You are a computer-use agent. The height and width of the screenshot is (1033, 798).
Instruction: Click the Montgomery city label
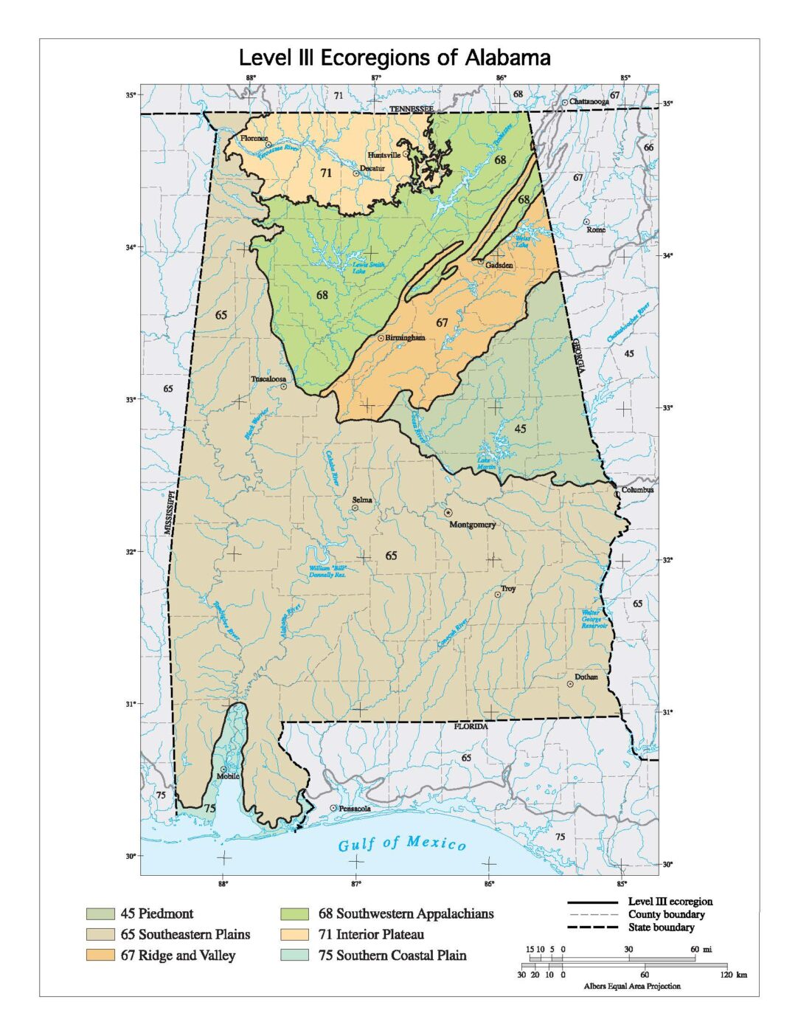pyautogui.click(x=472, y=525)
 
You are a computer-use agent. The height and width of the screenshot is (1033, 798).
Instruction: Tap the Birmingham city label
pyautogui.click(x=405, y=338)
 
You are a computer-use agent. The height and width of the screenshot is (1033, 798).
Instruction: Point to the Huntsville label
pyautogui.click(x=384, y=156)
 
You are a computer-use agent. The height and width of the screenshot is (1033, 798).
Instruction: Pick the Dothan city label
pyautogui.click(x=586, y=677)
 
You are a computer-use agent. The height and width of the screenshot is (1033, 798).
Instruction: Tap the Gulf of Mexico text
pyautogui.click(x=402, y=844)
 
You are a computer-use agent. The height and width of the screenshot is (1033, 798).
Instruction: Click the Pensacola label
pyautogui.click(x=354, y=809)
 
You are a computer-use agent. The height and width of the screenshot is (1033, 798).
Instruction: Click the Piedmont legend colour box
pyautogui.click(x=100, y=914)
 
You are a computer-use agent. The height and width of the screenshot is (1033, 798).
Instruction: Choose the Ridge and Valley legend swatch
pyautogui.click(x=100, y=956)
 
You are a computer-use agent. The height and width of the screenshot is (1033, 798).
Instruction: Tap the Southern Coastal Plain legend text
pyautogui.click(x=400, y=956)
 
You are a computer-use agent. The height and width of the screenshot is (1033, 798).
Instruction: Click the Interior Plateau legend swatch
pyautogui.click(x=295, y=935)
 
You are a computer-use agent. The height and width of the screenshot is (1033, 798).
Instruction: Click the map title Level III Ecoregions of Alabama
pyautogui.click(x=395, y=58)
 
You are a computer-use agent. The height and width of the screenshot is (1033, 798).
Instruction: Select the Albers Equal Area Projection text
pyautogui.click(x=632, y=986)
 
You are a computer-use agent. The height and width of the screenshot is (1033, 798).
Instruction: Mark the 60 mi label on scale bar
pyautogui.click(x=700, y=949)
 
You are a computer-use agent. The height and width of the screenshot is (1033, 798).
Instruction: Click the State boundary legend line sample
pyautogui.click(x=591, y=927)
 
